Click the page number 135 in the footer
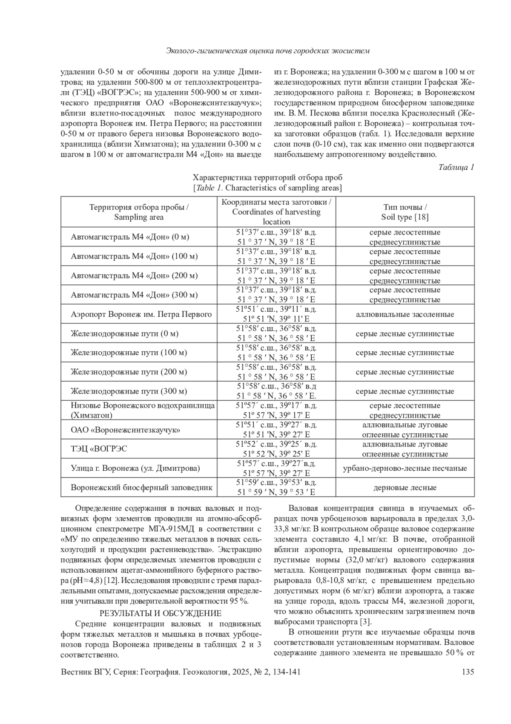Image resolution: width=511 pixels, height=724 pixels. coord(468,672)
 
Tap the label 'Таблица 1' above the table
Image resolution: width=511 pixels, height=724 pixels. coord(456,167)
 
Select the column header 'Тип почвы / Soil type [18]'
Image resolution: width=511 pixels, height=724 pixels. coord(405,212)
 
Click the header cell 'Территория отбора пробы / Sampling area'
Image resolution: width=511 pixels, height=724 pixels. coord(139,212)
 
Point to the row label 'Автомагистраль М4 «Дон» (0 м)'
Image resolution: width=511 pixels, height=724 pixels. coord(130,237)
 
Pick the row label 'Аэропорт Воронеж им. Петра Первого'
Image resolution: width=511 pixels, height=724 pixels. coord(141,315)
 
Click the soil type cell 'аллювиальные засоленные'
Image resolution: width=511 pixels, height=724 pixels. coord(405,315)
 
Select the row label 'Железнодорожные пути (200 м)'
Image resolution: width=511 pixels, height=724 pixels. coord(129,372)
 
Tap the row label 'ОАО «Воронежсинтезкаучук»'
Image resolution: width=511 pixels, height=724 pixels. coord(125,430)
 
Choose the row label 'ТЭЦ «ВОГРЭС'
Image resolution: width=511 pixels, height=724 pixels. coord(99,449)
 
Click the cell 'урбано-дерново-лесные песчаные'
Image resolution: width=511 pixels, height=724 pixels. coord(405,469)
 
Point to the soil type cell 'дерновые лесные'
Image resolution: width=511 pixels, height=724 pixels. coord(405,488)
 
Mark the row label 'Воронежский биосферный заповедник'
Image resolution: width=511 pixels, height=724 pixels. coord(141,488)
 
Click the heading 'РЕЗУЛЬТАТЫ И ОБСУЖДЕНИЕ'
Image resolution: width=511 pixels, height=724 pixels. coord(160,614)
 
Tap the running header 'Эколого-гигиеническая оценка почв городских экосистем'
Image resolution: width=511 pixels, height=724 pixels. coord(267,51)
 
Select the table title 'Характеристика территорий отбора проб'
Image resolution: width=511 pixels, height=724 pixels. coord(267,177)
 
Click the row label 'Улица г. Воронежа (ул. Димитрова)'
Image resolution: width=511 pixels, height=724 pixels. coord(135,469)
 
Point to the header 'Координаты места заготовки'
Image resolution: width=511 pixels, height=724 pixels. coord(276,202)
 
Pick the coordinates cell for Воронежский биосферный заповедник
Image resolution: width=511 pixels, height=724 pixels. coord(276,488)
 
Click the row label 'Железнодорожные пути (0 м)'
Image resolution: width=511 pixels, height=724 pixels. coord(124,334)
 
